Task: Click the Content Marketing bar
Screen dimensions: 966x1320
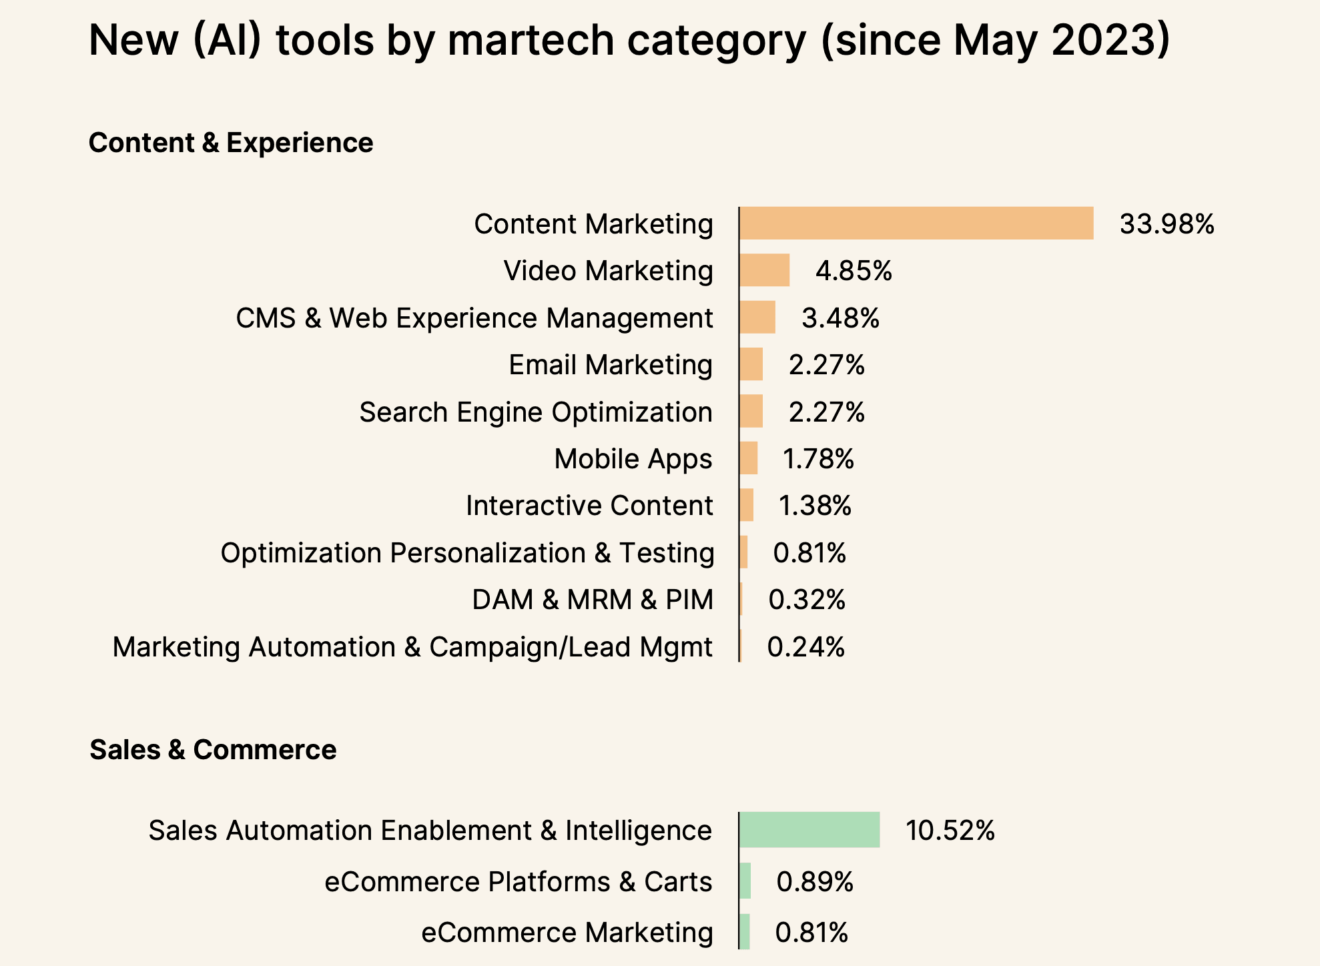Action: pos(916,223)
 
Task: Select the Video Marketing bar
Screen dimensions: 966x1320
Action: pos(765,270)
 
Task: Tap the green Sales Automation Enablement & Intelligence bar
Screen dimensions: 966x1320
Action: pos(809,830)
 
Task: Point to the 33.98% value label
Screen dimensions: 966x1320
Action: pos(1167,224)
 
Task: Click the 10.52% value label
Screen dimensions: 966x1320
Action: pos(950,831)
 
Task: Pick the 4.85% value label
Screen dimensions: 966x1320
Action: pos(854,271)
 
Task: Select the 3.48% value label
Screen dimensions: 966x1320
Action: pos(840,318)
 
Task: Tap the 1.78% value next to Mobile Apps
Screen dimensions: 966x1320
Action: pos(818,459)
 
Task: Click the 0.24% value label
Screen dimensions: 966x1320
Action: pos(806,647)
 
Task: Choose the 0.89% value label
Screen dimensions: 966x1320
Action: pos(815,882)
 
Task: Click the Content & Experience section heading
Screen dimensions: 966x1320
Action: pos(231,143)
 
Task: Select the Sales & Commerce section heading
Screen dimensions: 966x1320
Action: pos(213,750)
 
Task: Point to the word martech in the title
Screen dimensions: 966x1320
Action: pos(531,40)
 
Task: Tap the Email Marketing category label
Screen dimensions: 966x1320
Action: pos(611,365)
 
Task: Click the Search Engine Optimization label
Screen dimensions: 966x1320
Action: pos(536,412)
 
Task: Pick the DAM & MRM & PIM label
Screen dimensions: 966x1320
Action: pos(593,600)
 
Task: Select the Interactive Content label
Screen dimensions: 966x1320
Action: pos(589,506)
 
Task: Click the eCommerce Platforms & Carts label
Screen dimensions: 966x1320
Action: pos(519,882)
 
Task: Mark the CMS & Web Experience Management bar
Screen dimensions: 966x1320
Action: pos(757,318)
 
